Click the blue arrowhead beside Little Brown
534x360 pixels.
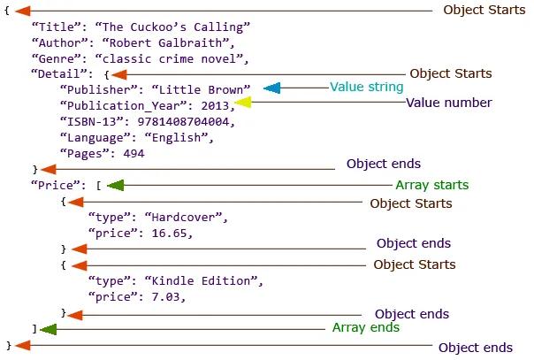click(x=272, y=88)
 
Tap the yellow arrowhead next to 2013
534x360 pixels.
click(x=243, y=103)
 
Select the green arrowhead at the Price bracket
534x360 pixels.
click(x=116, y=185)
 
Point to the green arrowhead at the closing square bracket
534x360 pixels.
click(x=48, y=329)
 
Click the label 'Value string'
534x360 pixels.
click(x=366, y=87)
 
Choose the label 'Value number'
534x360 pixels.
click(x=449, y=103)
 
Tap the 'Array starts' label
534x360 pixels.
click(x=432, y=185)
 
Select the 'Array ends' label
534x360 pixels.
click(x=366, y=327)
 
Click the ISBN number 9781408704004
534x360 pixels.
click(x=183, y=121)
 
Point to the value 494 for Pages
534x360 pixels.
click(x=133, y=153)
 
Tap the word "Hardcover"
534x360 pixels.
click(x=183, y=217)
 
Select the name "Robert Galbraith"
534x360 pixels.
click(x=165, y=43)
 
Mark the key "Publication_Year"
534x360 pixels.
click(x=124, y=106)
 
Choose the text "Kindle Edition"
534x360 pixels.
click(x=202, y=280)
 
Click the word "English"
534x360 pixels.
click(x=177, y=138)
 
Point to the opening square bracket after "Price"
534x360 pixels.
click(x=98, y=186)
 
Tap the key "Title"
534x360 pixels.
click(x=57, y=27)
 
